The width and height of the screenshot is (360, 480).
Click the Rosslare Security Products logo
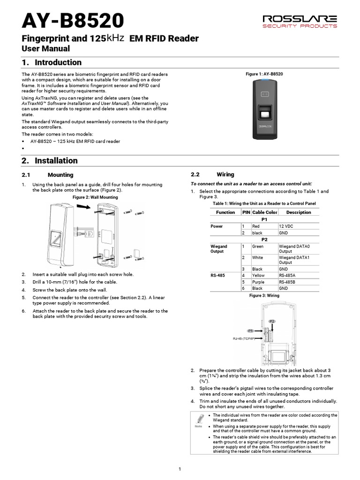coord(300,21)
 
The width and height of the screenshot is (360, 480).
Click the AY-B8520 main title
coord(73,21)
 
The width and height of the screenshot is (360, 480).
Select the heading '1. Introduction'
coord(52,62)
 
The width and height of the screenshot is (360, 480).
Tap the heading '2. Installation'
coord(50,160)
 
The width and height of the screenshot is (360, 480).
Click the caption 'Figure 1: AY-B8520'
coord(264,74)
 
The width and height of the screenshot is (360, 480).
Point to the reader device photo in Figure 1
coord(264,109)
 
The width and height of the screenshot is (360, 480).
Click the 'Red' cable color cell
coord(256,226)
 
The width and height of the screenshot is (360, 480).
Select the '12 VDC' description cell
coord(286,226)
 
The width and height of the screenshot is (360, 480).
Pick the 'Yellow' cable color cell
coord(258,276)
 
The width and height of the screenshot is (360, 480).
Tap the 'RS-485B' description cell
coord(288,282)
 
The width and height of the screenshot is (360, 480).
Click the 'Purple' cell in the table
coord(258,282)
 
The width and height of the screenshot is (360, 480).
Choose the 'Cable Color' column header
coord(265,212)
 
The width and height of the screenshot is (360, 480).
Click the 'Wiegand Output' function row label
coord(219,249)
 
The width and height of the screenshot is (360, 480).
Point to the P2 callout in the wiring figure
coord(272,321)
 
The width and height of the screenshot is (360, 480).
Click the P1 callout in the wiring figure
coord(250,330)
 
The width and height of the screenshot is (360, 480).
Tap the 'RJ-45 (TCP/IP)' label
coord(244,338)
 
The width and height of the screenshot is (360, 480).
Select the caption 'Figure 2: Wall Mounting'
coord(95,197)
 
